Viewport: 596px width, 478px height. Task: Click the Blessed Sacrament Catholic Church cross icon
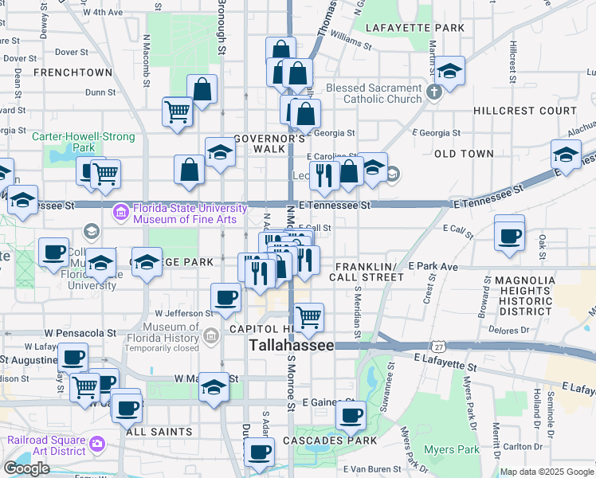coord(434,92)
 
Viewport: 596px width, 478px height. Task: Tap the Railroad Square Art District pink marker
coord(96,442)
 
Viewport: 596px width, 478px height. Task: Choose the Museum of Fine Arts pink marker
coord(121,213)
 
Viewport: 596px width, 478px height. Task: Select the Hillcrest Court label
coord(524,111)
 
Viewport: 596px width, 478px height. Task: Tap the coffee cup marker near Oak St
coord(509,236)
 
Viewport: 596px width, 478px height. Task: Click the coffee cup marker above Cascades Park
coord(351,415)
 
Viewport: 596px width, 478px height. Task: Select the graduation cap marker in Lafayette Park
coord(449,72)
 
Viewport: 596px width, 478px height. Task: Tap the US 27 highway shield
coord(438,347)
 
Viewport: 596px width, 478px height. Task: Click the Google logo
coord(27,468)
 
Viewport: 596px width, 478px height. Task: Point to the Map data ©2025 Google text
coord(547,472)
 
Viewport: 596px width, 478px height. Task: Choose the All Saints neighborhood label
coord(159,432)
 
